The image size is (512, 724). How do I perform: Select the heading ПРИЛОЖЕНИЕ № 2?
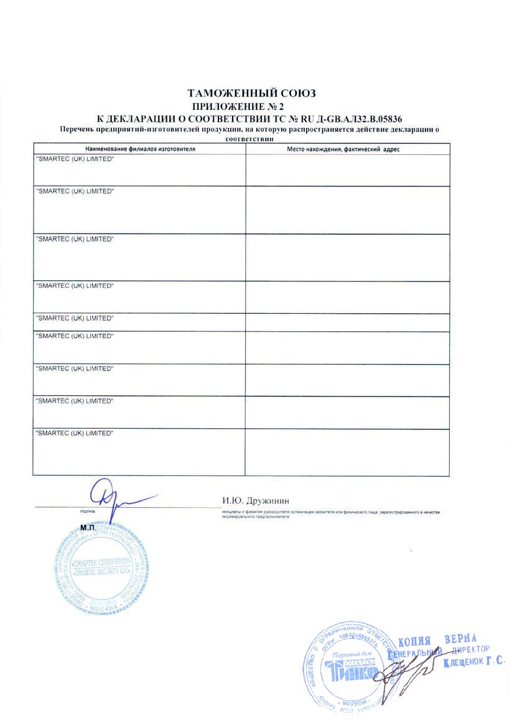click(256, 106)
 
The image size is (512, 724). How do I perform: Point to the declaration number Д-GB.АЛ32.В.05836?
click(366, 118)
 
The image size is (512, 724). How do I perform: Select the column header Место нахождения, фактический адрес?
click(347, 150)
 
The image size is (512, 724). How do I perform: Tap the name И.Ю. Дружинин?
click(256, 500)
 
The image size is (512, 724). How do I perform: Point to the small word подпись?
click(88, 511)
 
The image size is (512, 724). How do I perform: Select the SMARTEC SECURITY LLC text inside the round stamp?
click(101, 575)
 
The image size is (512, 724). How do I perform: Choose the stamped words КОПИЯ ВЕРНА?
click(437, 640)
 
